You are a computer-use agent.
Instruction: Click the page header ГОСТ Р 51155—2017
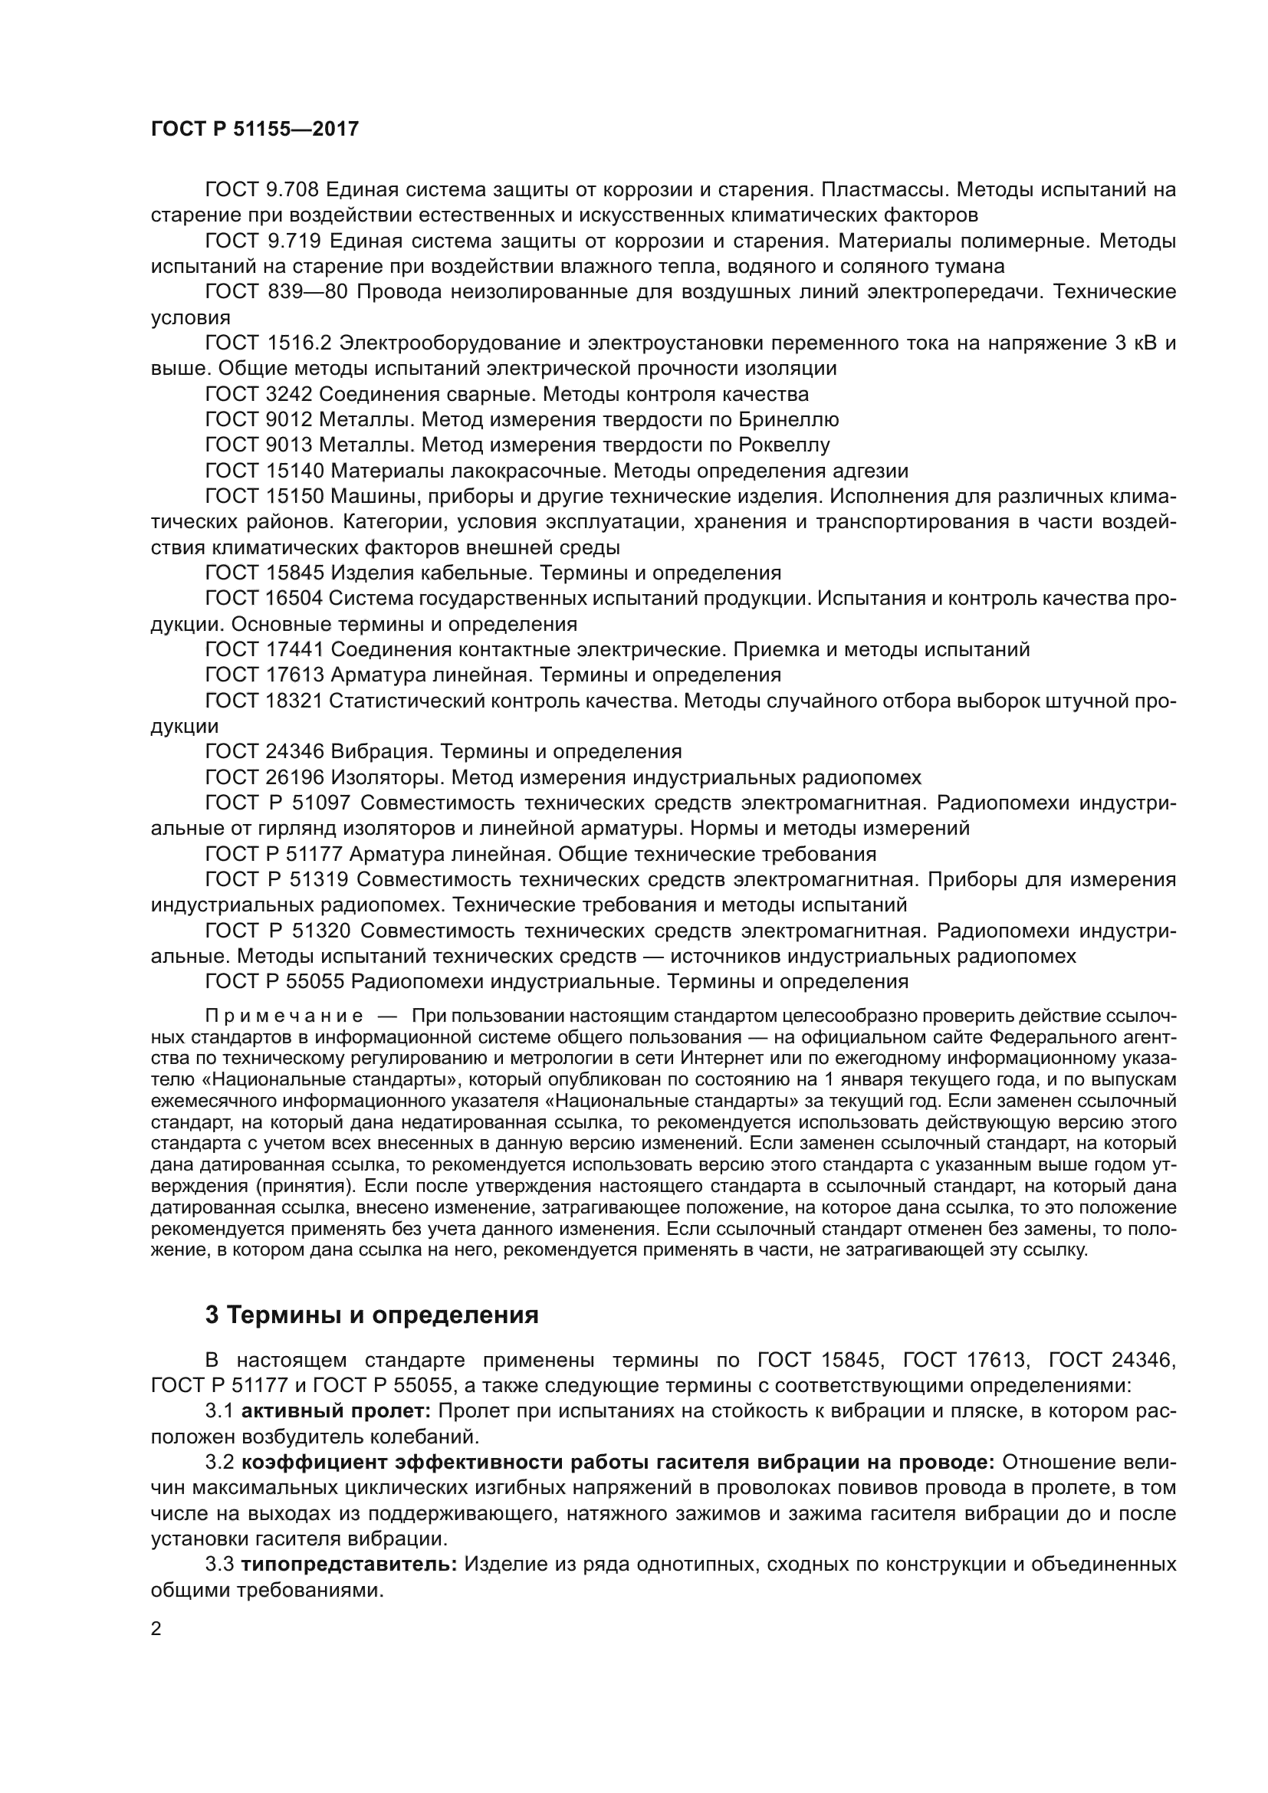255,130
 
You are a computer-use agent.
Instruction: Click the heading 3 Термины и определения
372,1315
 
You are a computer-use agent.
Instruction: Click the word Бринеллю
788,419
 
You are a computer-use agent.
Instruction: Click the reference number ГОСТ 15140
264,471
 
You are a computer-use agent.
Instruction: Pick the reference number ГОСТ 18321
264,701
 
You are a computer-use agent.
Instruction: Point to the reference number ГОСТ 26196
264,777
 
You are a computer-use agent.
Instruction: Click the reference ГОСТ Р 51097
278,803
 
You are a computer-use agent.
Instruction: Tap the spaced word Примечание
284,1016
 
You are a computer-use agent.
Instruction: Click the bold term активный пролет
336,1411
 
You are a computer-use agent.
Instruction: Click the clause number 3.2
219,1463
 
